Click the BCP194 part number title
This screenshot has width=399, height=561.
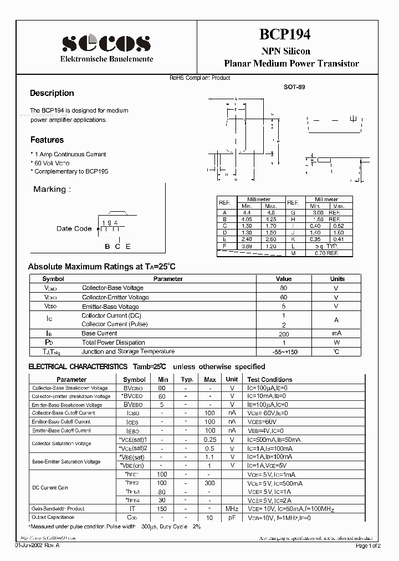click(285, 34)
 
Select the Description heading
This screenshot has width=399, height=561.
click(52, 93)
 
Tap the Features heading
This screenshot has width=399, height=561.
click(47, 140)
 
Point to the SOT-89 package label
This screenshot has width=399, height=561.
click(294, 87)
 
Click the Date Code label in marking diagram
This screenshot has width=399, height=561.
click(74, 228)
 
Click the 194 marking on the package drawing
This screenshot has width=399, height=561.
click(110, 222)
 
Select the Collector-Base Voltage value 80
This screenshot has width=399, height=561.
click(283, 288)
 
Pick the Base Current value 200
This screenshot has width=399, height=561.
click(283, 333)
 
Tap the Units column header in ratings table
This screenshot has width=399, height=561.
click(337, 279)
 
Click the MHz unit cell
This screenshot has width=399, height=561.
click(232, 508)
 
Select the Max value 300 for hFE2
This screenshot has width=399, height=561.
click(210, 483)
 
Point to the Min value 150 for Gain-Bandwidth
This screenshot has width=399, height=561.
click(162, 508)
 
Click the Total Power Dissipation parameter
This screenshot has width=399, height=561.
click(113, 343)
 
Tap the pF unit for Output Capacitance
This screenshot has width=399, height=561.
click(232, 517)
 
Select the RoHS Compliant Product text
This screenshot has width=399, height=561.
click(199, 78)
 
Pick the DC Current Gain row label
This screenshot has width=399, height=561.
click(50, 487)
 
